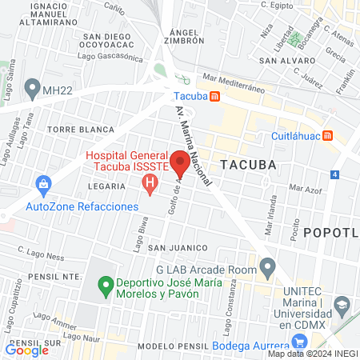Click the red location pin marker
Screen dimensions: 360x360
point(180,166)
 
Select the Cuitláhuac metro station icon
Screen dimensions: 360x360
point(327,135)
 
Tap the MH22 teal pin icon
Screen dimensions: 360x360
point(32,86)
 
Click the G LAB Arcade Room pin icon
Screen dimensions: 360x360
point(268,265)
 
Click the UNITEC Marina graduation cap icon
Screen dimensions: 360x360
point(342,305)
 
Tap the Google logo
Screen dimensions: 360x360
point(26,350)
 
